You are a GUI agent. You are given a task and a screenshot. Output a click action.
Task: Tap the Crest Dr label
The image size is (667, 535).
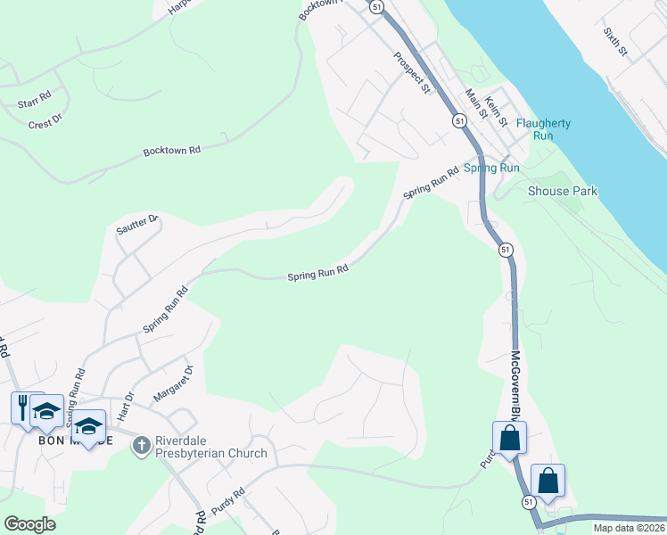(45, 121)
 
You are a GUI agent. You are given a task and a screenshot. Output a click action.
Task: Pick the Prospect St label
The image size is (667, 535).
(412, 73)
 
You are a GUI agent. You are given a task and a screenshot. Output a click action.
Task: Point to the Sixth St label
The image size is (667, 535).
(615, 42)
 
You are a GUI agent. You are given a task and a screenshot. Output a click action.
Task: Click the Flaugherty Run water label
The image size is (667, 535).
(542, 129)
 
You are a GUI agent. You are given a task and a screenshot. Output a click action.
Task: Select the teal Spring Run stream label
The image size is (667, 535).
(491, 168)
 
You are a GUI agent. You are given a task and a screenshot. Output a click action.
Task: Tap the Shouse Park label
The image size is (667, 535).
(562, 191)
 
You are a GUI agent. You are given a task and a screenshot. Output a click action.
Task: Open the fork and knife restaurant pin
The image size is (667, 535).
(21, 407)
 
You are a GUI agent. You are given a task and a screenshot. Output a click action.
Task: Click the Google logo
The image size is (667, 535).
(29, 523)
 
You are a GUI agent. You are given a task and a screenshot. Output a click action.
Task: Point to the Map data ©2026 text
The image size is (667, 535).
(629, 528)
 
